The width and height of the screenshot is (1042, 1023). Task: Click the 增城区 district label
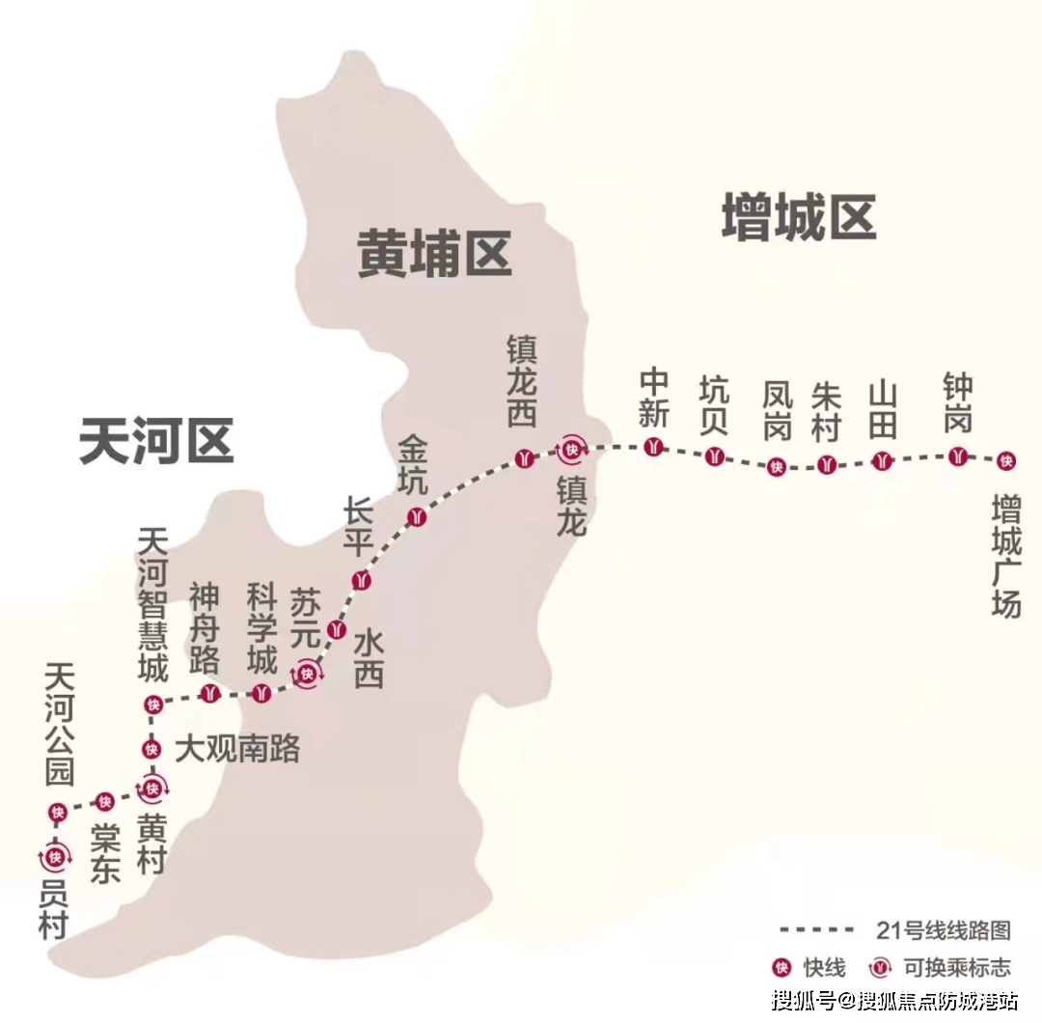point(799,217)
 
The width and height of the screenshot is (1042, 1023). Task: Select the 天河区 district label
point(156,441)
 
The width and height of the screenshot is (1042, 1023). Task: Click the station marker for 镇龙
point(573,448)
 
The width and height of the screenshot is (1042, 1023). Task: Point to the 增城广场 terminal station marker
point(1006,460)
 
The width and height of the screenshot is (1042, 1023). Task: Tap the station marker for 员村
point(55,856)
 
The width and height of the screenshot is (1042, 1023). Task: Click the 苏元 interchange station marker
point(308,674)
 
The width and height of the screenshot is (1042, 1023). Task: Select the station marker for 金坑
point(416,515)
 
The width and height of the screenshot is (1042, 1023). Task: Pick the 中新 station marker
point(655,447)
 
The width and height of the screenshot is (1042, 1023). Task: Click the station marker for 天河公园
point(57,813)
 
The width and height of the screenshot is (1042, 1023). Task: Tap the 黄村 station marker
point(151,788)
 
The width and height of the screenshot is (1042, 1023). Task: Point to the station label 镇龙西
point(522,380)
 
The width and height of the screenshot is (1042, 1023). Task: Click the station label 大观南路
point(238,749)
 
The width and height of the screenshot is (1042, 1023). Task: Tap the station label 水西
point(369,659)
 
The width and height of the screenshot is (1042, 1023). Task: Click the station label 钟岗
point(958,404)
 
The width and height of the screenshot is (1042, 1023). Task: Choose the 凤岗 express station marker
point(776,467)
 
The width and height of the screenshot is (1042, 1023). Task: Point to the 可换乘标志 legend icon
point(879,966)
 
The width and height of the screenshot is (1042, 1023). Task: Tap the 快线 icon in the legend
point(782,966)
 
